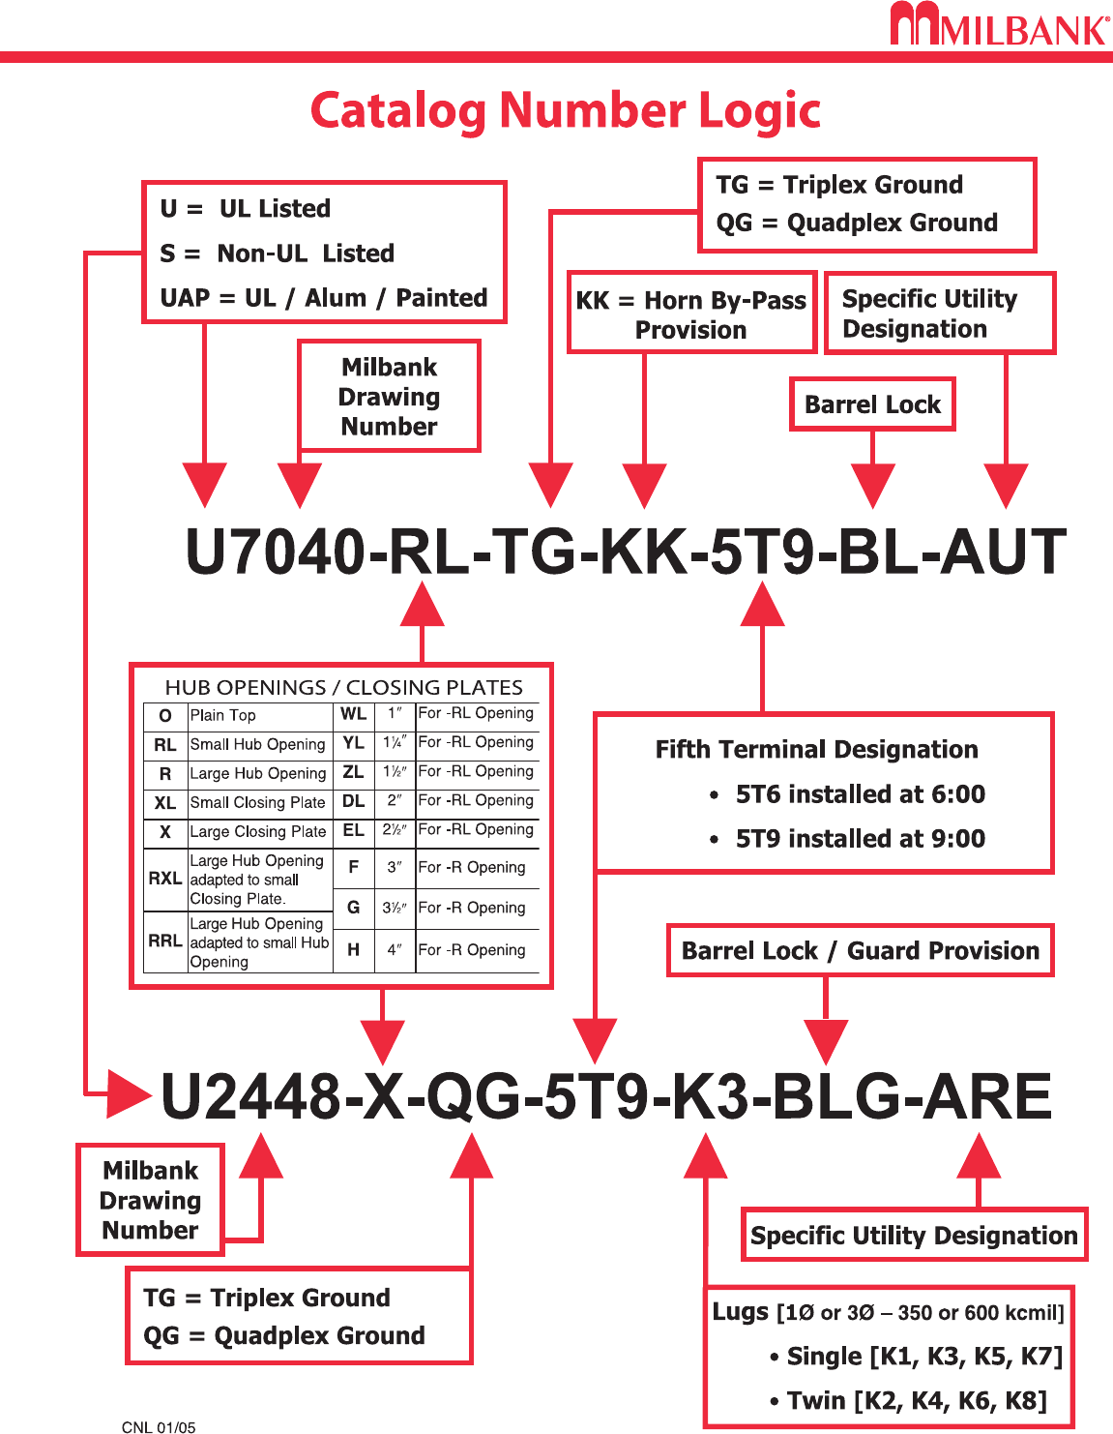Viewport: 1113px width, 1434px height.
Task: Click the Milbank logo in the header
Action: [999, 25]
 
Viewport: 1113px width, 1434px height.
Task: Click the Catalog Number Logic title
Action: [566, 110]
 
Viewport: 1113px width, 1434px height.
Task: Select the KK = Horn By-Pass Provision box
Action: [691, 314]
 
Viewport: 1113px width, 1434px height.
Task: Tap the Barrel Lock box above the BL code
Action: [872, 404]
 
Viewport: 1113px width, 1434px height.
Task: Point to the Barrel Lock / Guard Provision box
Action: [860, 951]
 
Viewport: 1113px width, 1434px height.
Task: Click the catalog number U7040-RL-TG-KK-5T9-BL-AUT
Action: [626, 552]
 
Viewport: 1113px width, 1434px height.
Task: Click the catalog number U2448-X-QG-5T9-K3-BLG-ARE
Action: [605, 1096]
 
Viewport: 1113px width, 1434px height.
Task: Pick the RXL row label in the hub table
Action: [165, 879]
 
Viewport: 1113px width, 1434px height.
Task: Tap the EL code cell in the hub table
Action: [354, 830]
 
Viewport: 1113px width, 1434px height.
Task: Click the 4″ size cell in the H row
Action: [395, 950]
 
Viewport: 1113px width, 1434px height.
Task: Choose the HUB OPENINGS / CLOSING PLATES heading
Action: [343, 687]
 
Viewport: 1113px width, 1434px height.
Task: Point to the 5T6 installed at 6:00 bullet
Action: [859, 794]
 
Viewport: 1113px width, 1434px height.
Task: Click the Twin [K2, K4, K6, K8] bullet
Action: [916, 1400]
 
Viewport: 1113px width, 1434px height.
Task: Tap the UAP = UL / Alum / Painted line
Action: [324, 298]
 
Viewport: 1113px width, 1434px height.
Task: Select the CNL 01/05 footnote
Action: [159, 1427]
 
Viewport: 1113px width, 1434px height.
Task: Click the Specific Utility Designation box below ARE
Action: [914, 1236]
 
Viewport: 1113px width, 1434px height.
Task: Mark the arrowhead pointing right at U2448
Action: [128, 1094]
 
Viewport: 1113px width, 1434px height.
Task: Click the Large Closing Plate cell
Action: [258, 831]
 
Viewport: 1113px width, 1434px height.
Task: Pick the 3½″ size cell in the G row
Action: [395, 908]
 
